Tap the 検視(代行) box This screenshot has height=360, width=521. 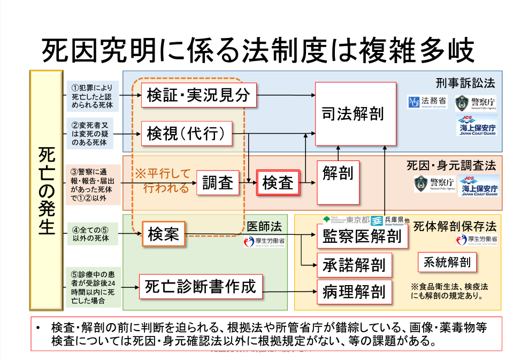point(187,133)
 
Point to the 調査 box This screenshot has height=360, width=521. point(218,183)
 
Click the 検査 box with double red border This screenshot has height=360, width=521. point(278,183)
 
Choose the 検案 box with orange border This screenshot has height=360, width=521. point(164,234)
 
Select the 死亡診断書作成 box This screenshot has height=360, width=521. point(201,287)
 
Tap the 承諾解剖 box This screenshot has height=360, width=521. point(354,264)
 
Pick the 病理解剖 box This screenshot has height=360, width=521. point(354,292)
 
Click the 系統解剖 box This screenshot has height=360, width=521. point(447,262)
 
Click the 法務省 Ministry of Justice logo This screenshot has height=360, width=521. point(427,102)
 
